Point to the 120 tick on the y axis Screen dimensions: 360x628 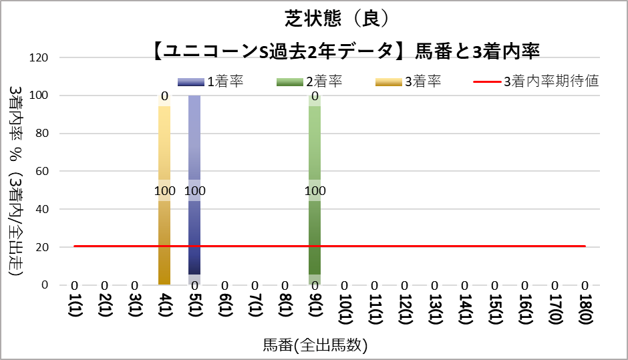(40, 58)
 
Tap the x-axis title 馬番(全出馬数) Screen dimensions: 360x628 (315, 345)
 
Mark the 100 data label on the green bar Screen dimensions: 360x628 (315, 191)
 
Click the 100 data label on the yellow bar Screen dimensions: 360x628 (164, 191)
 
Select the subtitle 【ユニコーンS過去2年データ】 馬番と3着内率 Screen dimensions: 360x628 (346, 51)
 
